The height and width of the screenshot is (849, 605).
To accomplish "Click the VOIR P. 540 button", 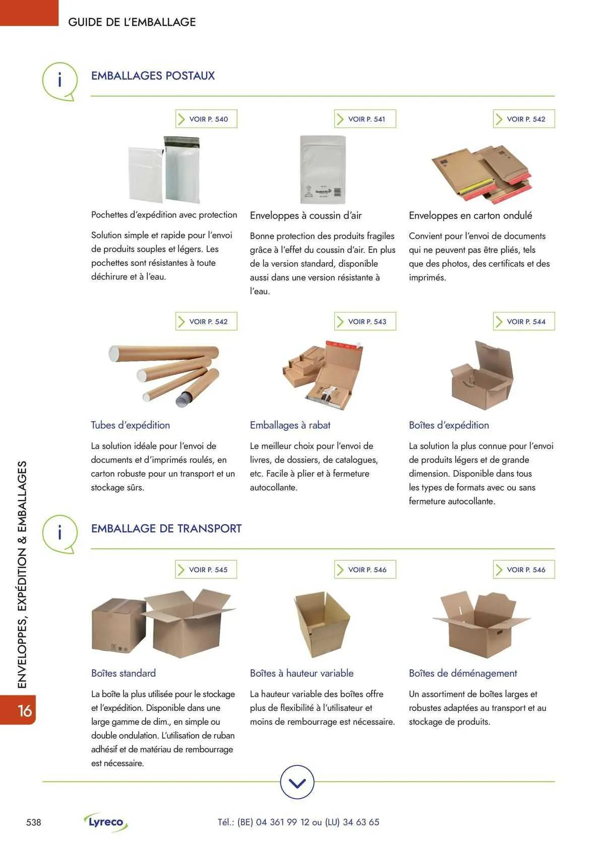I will pos(206,119).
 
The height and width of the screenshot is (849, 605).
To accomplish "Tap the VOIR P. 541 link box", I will pos(365,119).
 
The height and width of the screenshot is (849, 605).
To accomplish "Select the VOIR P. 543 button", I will pos(365,321).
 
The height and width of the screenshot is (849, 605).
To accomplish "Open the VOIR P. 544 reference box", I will pos(524,321).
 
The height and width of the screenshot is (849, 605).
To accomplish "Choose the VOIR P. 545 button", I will pos(206,569).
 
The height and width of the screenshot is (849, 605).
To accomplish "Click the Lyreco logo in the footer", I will pos(106,822).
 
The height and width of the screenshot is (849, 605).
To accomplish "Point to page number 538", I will pos(34,822).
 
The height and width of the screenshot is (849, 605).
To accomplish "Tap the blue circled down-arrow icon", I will pos(297,782).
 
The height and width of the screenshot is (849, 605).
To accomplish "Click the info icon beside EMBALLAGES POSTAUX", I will pos(59,80).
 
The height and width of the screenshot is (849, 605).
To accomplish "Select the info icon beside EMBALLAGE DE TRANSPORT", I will pos(59,533).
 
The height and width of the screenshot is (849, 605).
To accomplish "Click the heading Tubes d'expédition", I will pos(130,425).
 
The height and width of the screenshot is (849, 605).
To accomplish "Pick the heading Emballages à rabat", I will pos(290,425).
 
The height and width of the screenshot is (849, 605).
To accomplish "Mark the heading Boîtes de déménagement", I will pos(463,673).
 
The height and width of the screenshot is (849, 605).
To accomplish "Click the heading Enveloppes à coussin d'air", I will pos(306,215).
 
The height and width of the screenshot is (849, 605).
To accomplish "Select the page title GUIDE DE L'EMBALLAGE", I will pos(132,22).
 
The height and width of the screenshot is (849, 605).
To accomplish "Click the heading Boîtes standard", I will pos(124,673).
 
